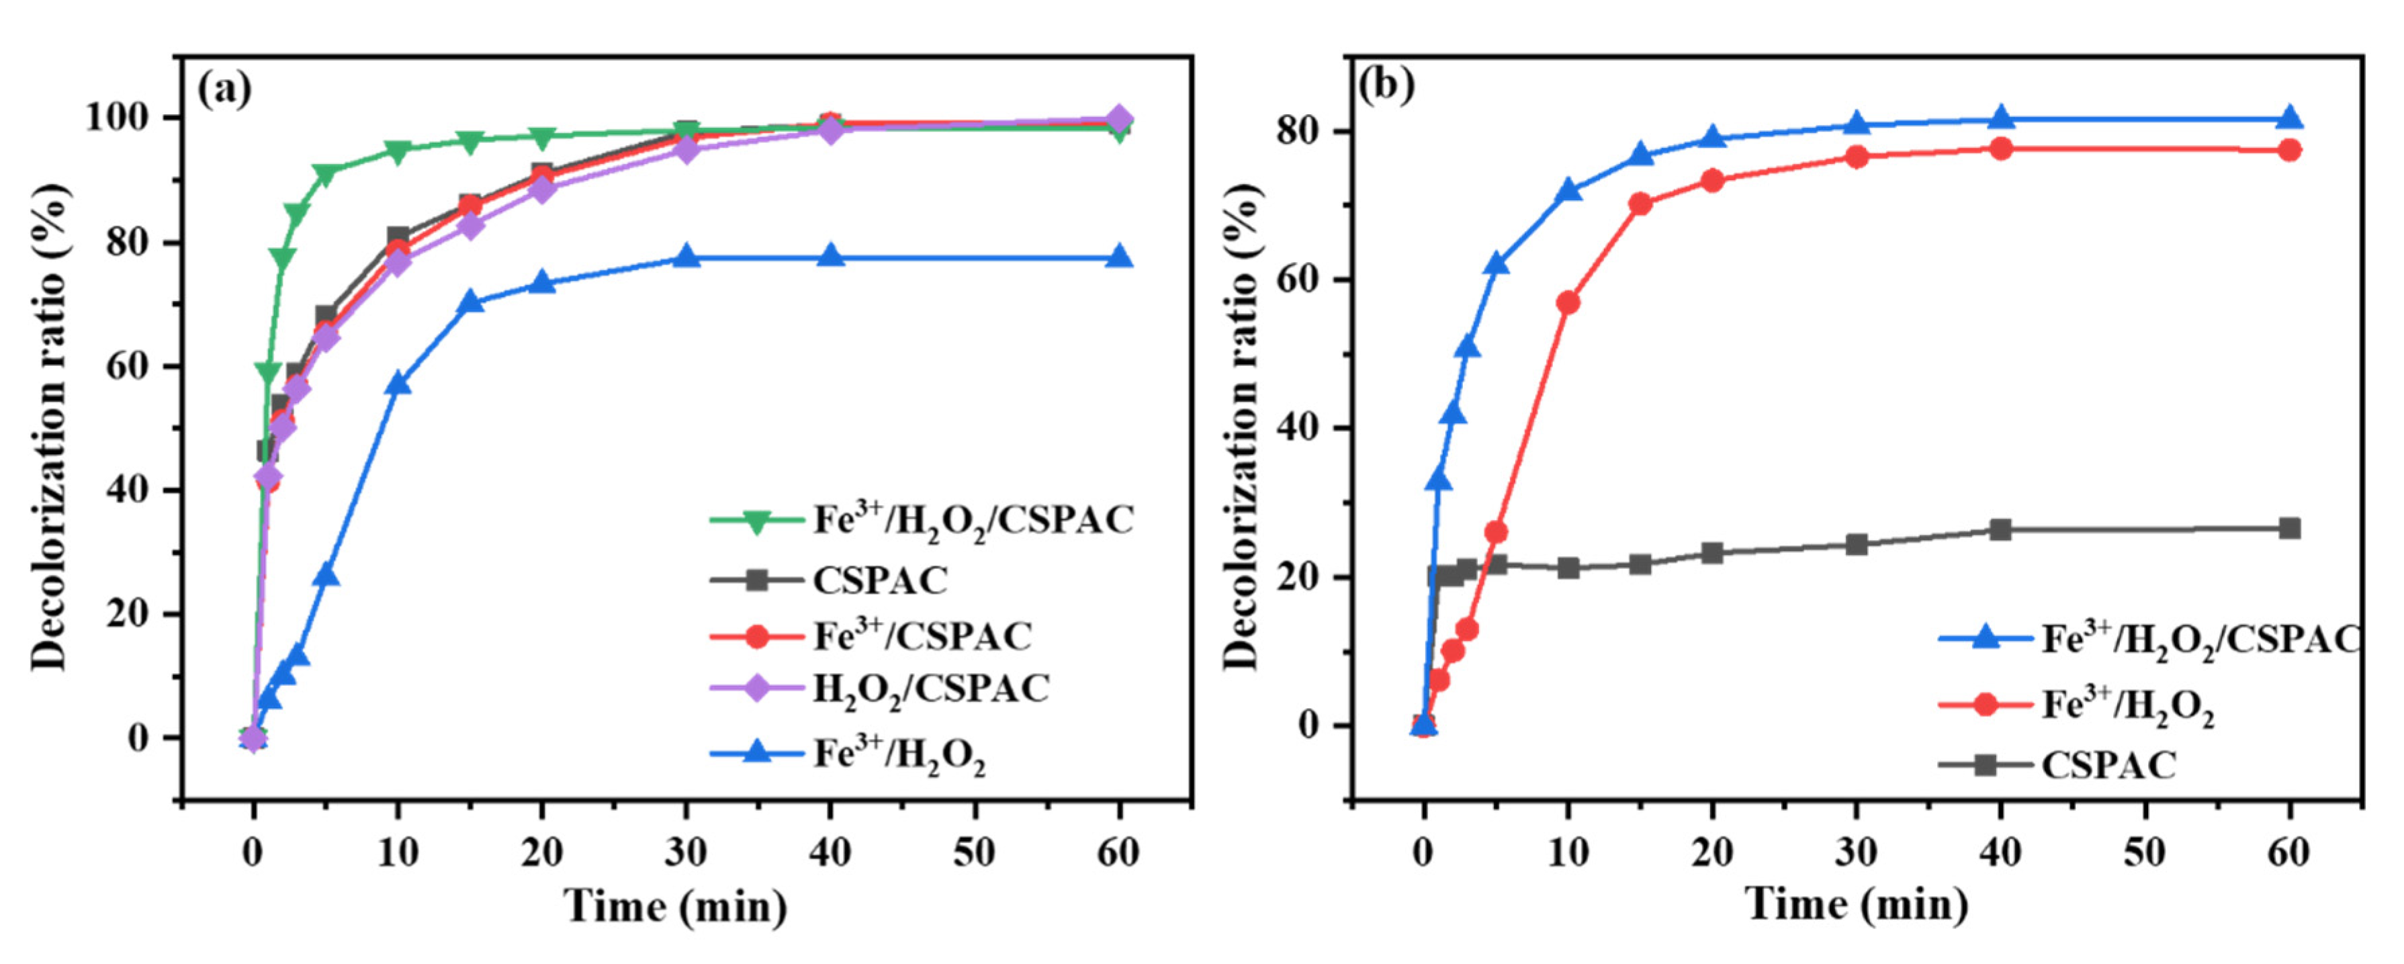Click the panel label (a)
(224, 91)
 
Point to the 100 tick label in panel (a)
(118, 118)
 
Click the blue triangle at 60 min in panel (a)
(1119, 257)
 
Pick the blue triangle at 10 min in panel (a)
(398, 384)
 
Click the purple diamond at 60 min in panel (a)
(1119, 120)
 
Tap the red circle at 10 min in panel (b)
(1568, 303)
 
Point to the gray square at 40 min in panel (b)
(2000, 530)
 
